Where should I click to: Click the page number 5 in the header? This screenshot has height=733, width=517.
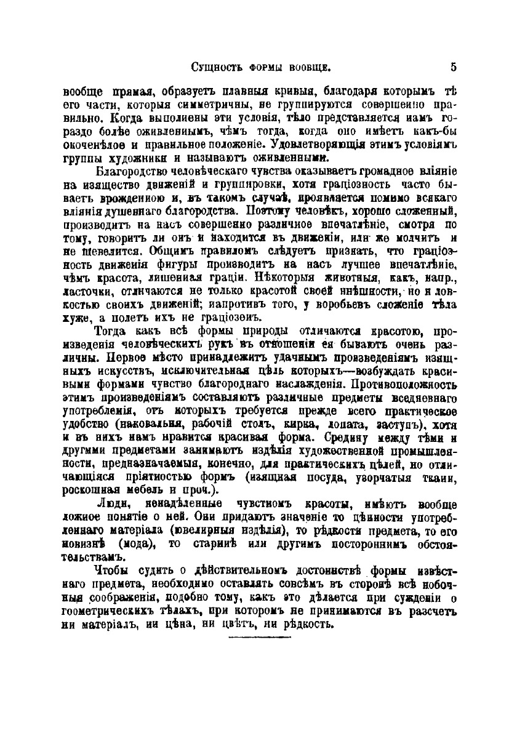[452, 66]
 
